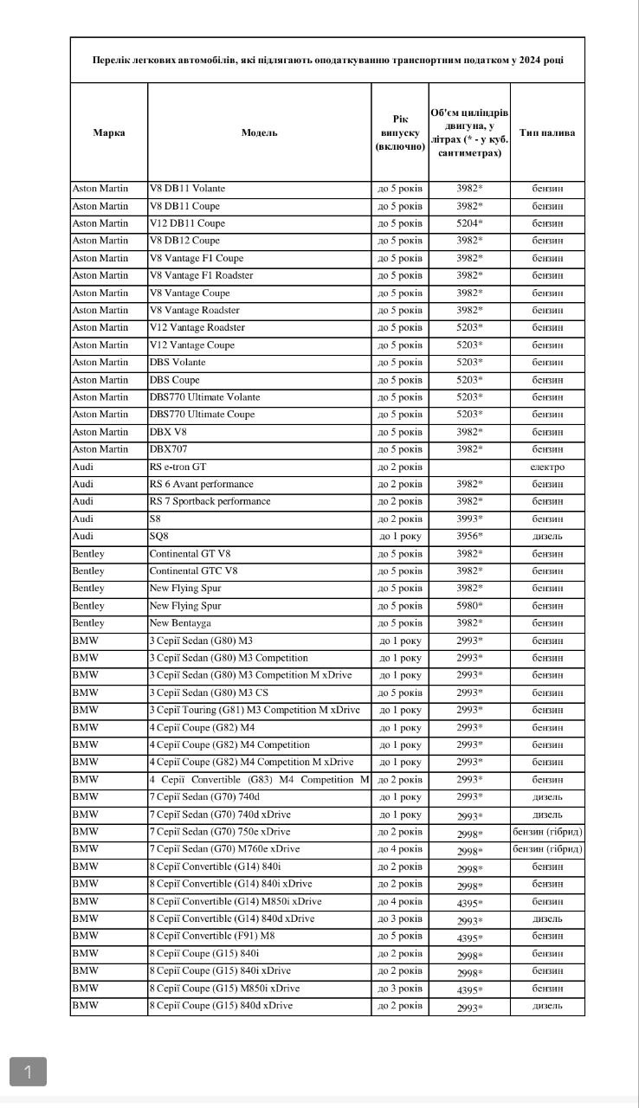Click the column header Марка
tap(109, 132)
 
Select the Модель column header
tap(260, 132)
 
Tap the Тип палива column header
tap(547, 132)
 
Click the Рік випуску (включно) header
tap(400, 132)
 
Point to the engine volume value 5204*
tap(469, 223)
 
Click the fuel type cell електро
tap(547, 467)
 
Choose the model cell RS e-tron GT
tap(177, 467)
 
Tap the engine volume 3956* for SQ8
tap(469, 536)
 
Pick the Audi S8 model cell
tap(156, 519)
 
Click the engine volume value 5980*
tap(469, 606)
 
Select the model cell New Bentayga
tap(180, 623)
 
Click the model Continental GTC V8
tap(193, 571)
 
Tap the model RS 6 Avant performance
tap(202, 484)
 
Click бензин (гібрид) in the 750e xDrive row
tap(547, 832)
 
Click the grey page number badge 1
tap(28, 1072)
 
